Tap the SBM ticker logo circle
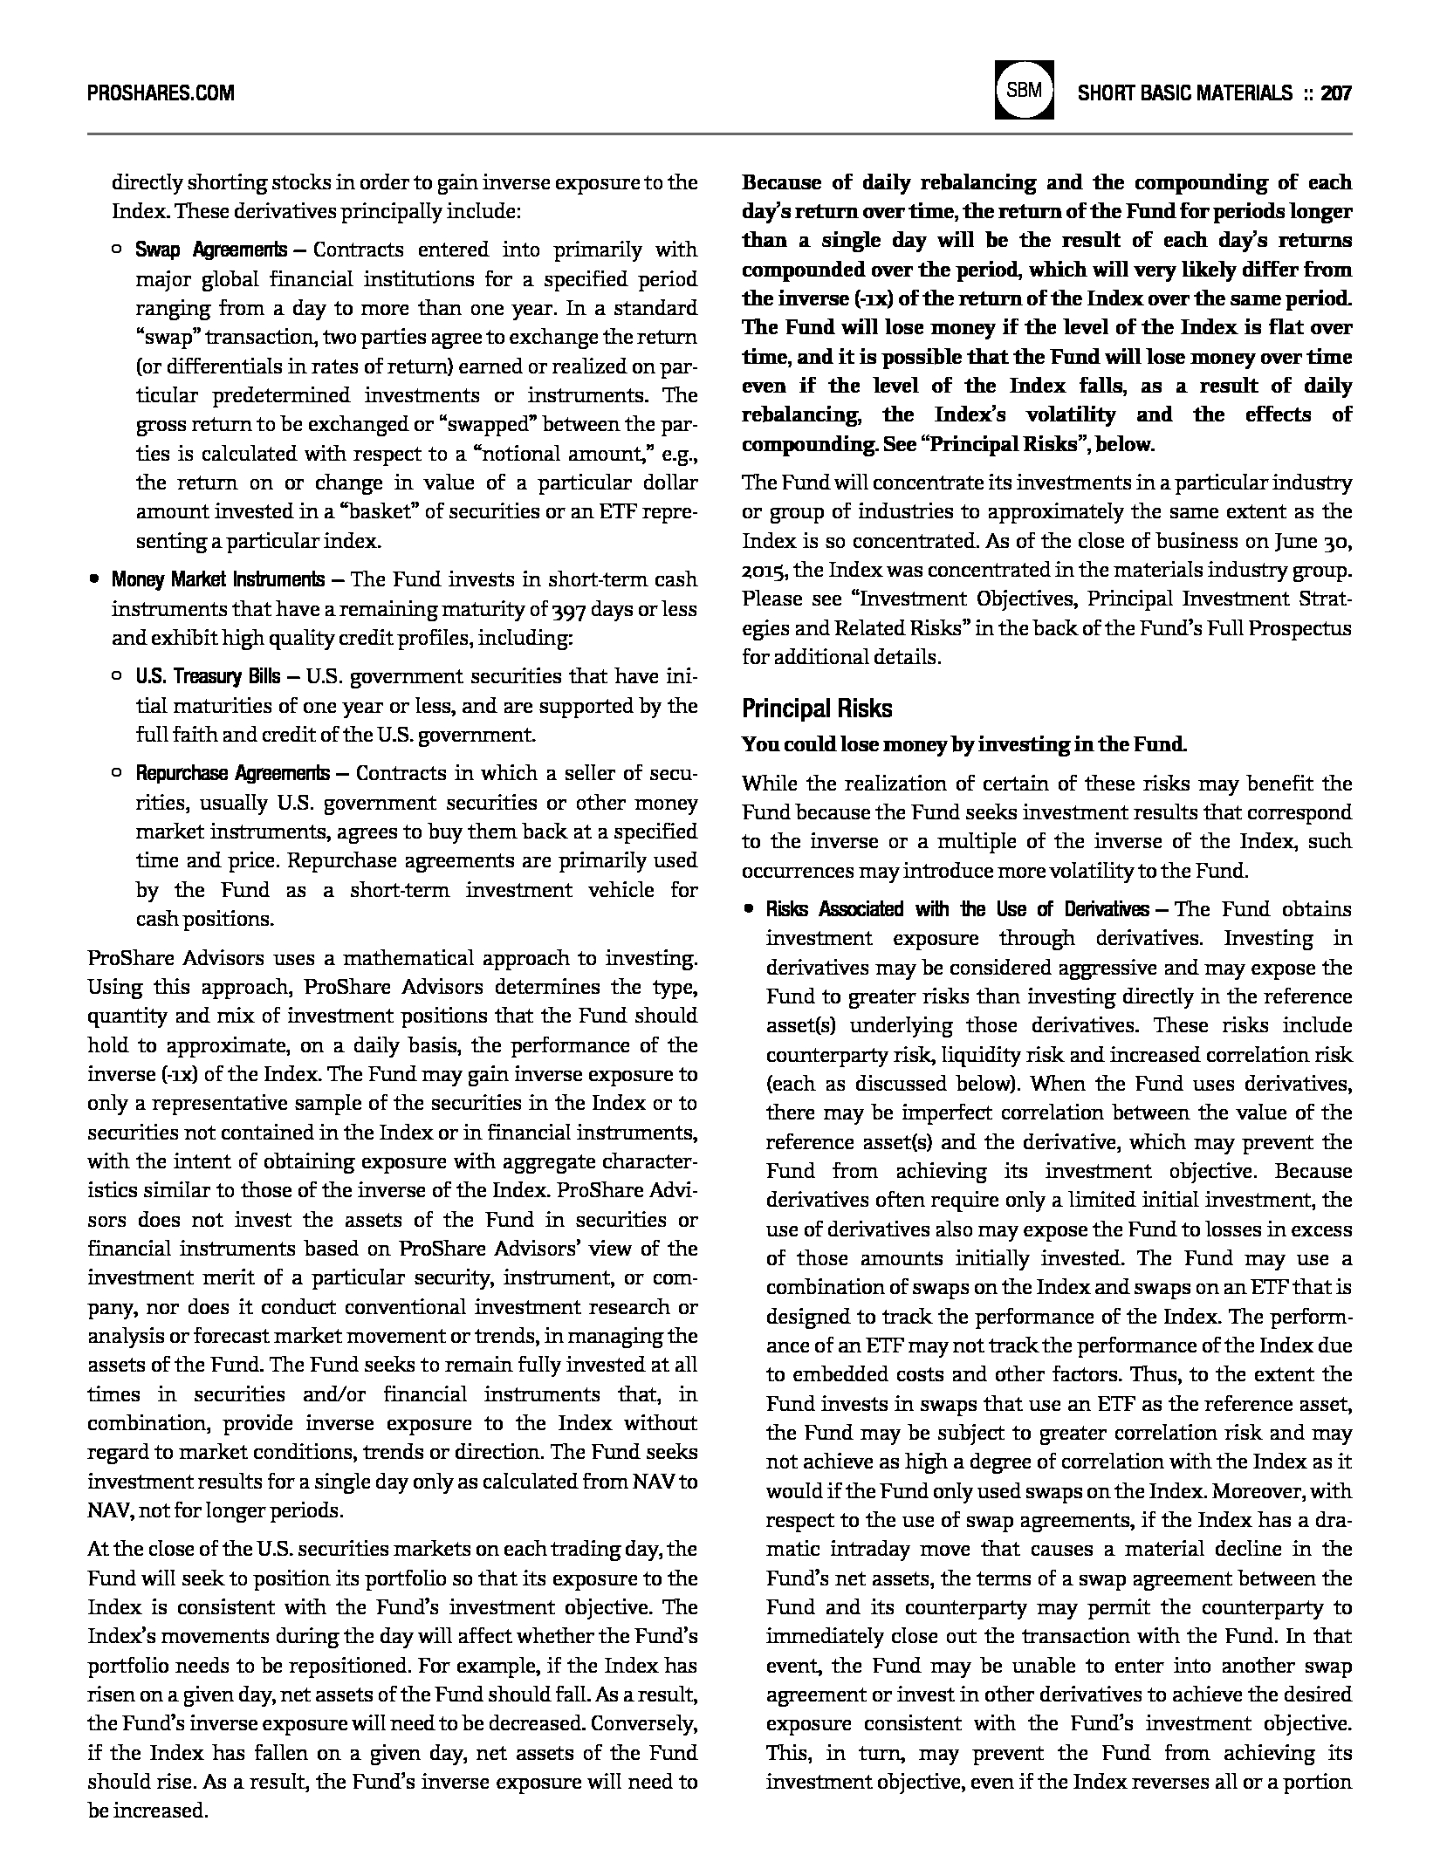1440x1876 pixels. pyautogui.click(x=1024, y=90)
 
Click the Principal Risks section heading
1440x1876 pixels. pyautogui.click(x=817, y=708)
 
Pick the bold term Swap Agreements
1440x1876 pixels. pyautogui.click(x=210, y=250)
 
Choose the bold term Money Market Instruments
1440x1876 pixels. pyautogui.click(x=217, y=580)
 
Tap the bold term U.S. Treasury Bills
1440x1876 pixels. pyautogui.click(x=208, y=677)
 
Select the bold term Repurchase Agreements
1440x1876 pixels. pyautogui.click(x=232, y=774)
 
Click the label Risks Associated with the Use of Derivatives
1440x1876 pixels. pyautogui.click(x=957, y=910)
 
